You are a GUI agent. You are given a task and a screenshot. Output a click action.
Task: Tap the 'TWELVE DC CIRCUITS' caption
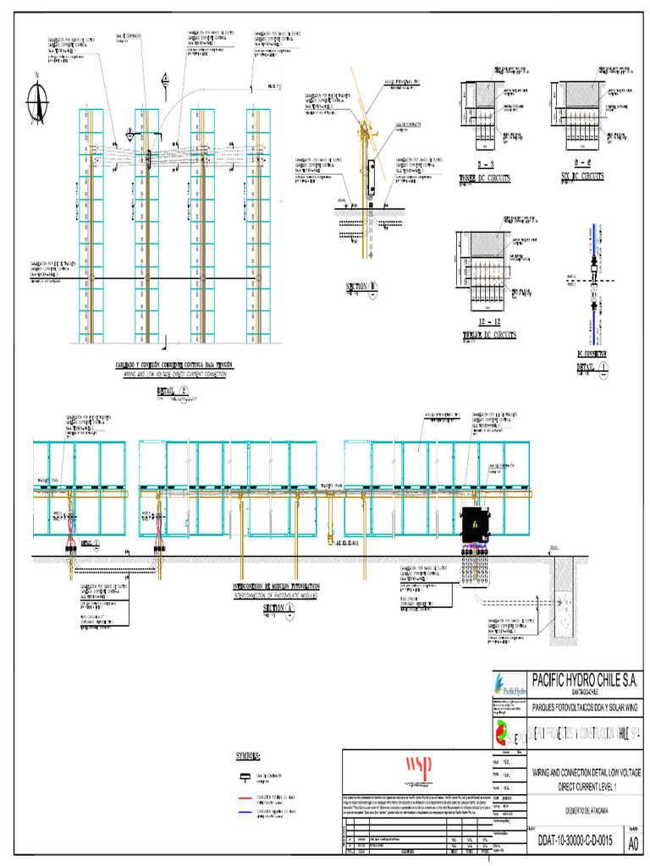(x=490, y=335)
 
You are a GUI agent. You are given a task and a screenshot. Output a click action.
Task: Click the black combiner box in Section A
(x=475, y=526)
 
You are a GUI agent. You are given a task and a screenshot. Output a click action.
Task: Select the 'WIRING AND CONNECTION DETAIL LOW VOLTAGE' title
(x=587, y=773)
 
